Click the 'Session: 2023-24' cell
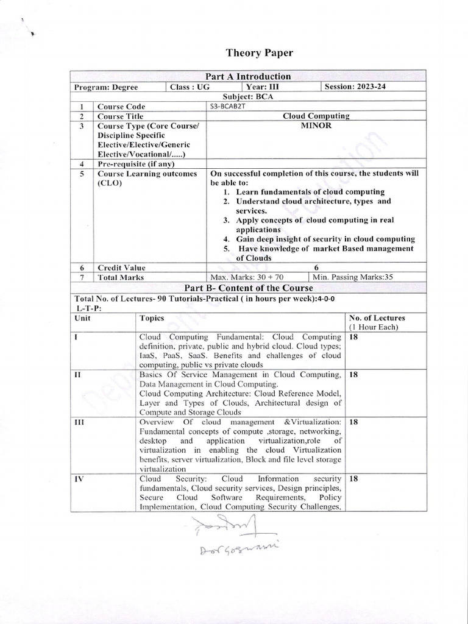pos(355,87)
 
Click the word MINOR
pos(316,125)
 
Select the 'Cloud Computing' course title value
pos(316,116)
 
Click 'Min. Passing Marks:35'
pos(360,277)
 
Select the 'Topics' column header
pos(152,318)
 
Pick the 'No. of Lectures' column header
pos(377,318)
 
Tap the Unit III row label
pos(79,422)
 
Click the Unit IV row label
pos(79,479)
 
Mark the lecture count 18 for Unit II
pos(353,374)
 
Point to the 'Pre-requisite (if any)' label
pos(136,164)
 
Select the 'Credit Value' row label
pos(122,268)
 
